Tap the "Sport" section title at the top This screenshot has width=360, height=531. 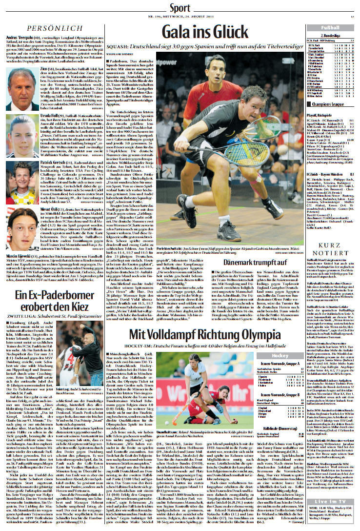click(180, 8)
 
